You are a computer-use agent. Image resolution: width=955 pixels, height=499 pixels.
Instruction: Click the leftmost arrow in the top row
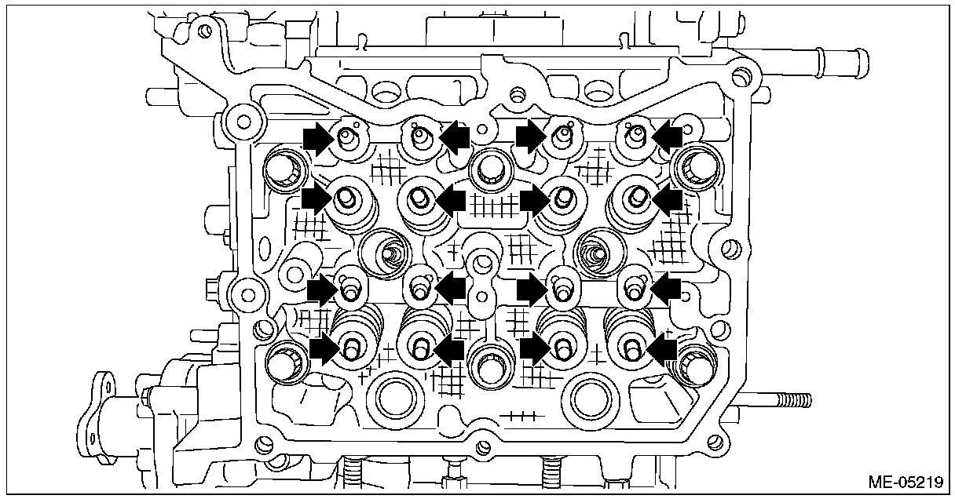coord(317,139)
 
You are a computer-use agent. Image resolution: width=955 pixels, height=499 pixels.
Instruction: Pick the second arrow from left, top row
coord(454,138)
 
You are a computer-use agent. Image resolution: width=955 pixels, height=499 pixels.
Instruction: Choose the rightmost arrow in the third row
coord(666,290)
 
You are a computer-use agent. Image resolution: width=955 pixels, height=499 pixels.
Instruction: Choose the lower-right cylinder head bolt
coord(693,364)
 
